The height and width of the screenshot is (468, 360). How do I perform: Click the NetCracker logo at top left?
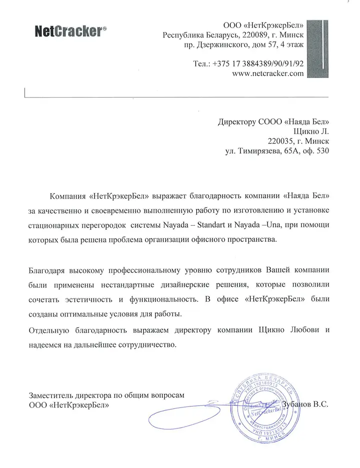[70, 32]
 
